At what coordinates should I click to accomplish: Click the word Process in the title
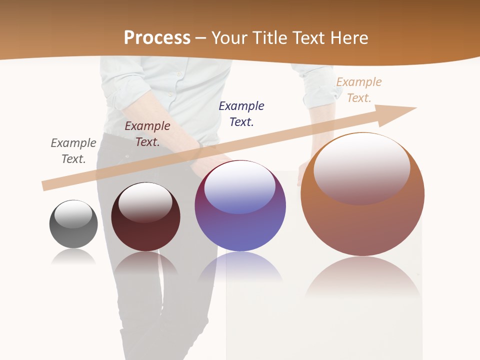(x=157, y=38)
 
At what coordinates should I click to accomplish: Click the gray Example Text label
(x=73, y=151)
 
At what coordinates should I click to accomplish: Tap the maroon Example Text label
(x=147, y=134)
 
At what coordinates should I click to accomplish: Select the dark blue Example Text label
(x=241, y=114)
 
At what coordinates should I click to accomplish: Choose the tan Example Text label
(x=359, y=90)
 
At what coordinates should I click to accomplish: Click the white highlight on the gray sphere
(x=73, y=214)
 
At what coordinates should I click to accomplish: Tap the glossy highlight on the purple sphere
(x=240, y=186)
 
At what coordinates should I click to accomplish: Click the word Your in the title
(x=227, y=38)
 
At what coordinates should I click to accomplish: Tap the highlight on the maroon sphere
(x=145, y=201)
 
